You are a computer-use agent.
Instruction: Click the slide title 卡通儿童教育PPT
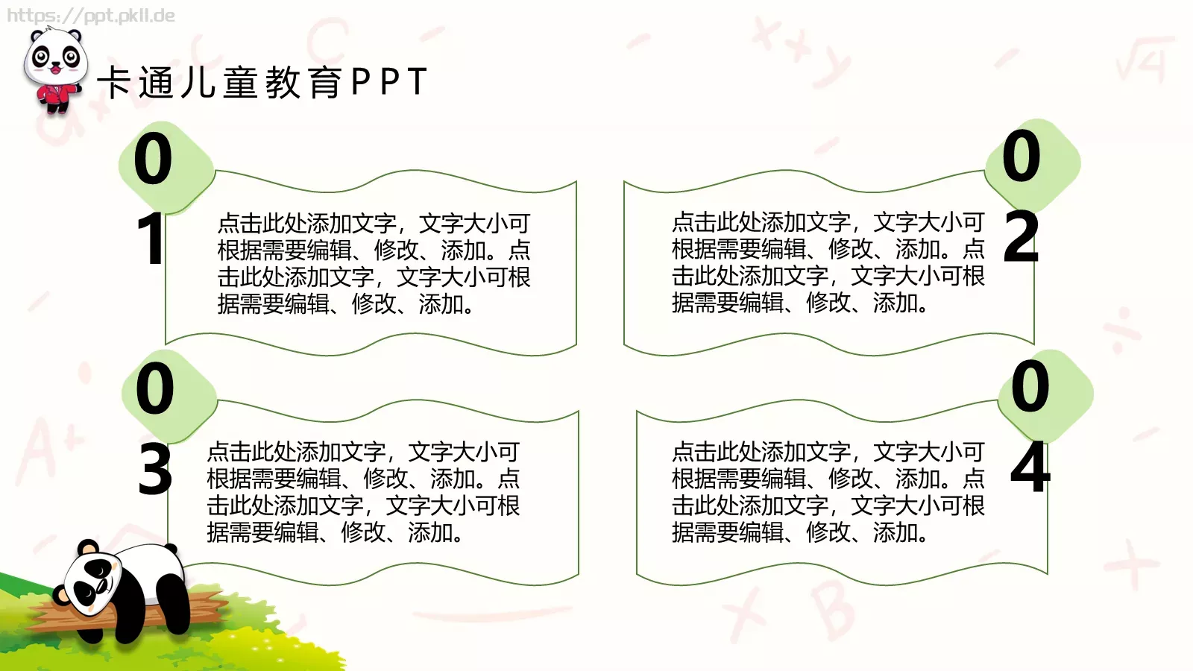click(x=262, y=82)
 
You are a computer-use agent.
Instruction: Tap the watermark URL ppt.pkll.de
click(x=91, y=15)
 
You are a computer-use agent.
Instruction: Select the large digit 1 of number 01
click(x=151, y=239)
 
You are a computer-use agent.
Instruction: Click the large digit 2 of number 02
click(x=1021, y=237)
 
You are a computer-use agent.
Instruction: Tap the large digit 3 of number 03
click(x=155, y=470)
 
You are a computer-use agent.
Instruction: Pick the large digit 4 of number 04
click(x=1030, y=467)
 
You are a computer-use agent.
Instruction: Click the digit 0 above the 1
click(x=153, y=159)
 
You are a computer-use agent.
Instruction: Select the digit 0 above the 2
click(x=1021, y=156)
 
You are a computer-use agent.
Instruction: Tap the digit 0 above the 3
click(x=155, y=388)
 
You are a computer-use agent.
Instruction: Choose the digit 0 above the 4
click(x=1030, y=385)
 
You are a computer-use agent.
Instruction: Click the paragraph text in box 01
click(x=374, y=263)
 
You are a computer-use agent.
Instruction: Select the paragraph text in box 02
click(x=828, y=262)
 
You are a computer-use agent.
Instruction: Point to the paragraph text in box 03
click(x=363, y=491)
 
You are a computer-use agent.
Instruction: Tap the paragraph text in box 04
click(x=828, y=491)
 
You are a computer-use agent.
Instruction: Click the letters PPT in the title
click(x=388, y=82)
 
